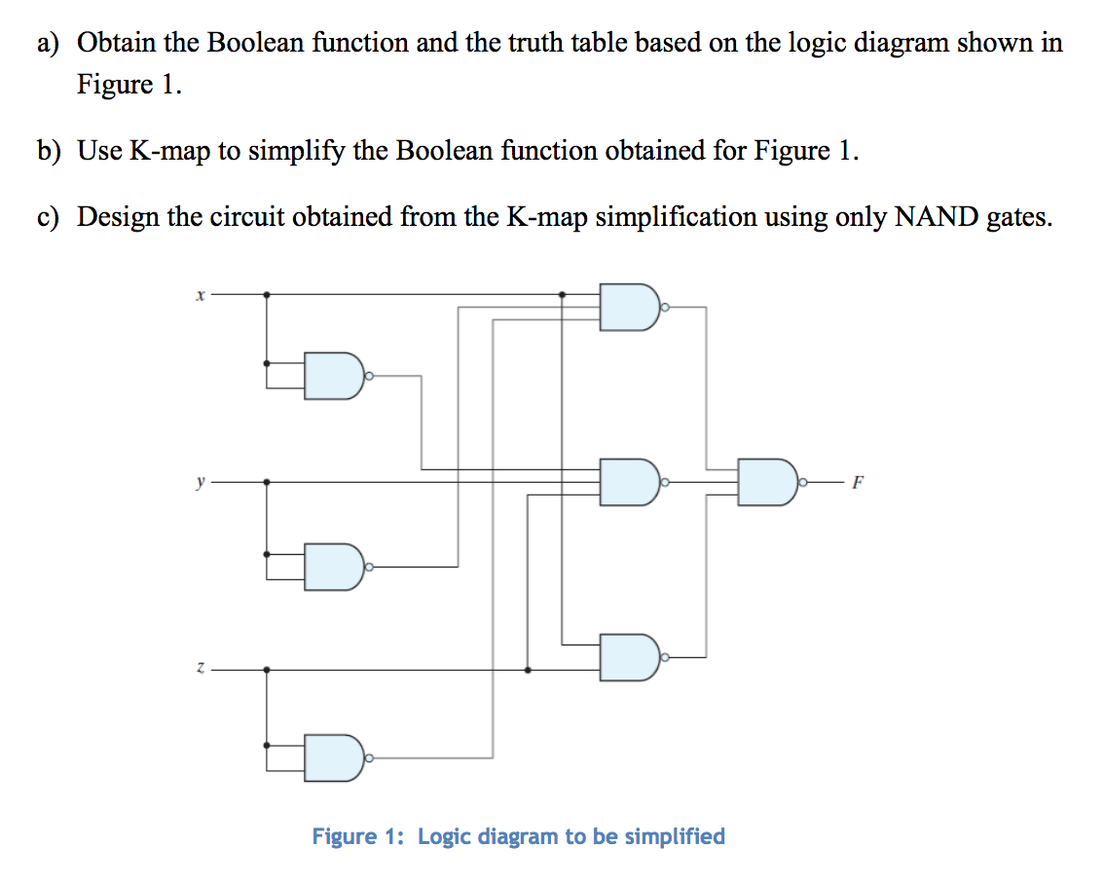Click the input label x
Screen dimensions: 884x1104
[x=199, y=295]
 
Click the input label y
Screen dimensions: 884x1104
[x=199, y=481]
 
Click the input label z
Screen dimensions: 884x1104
[x=199, y=670]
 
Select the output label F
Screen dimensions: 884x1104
[x=857, y=482]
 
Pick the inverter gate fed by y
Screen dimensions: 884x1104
[x=334, y=567]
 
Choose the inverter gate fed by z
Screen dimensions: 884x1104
[x=334, y=756]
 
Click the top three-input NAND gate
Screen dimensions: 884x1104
[x=629, y=308]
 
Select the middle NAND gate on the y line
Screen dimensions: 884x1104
[x=629, y=482]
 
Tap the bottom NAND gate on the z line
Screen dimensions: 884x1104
[x=629, y=657]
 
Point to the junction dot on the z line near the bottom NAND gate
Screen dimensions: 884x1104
[x=528, y=670]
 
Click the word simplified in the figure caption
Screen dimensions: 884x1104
[x=674, y=836]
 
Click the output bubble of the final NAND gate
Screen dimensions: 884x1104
[x=803, y=482]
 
